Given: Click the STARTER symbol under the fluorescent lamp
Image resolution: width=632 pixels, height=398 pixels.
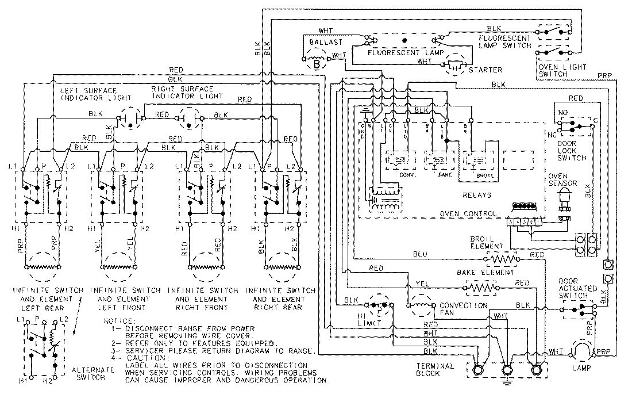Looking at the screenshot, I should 456,64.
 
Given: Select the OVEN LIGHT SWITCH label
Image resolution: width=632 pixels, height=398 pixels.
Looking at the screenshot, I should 561,71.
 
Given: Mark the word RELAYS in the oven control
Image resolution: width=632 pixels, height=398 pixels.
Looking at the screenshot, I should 480,195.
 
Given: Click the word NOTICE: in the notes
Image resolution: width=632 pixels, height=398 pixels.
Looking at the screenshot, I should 119,320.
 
